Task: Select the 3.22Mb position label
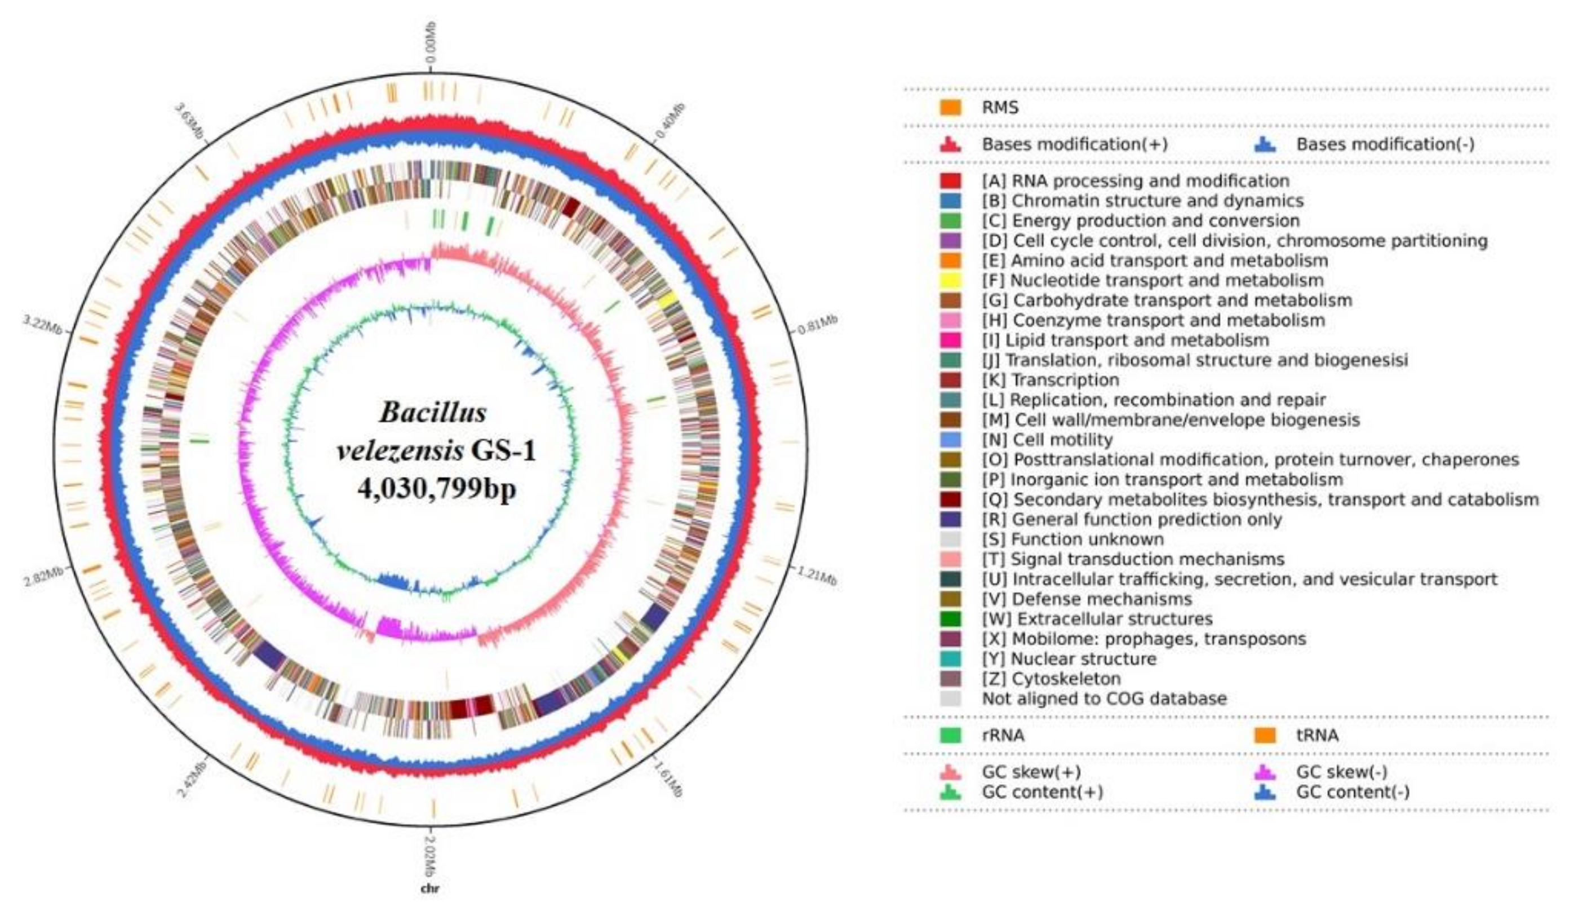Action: click(43, 324)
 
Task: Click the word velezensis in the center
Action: click(400, 450)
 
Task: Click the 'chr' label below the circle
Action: click(430, 888)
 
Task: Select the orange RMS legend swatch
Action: click(950, 108)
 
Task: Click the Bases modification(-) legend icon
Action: click(1265, 144)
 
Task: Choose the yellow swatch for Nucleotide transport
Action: click(950, 280)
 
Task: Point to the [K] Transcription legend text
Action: click(1051, 380)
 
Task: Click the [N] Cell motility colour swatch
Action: click(950, 440)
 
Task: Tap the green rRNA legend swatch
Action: click(950, 736)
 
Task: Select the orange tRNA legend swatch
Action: click(1265, 736)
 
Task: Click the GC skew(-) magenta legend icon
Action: click(1265, 772)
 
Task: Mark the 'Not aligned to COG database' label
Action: click(1104, 698)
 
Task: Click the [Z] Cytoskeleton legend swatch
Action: click(950, 679)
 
